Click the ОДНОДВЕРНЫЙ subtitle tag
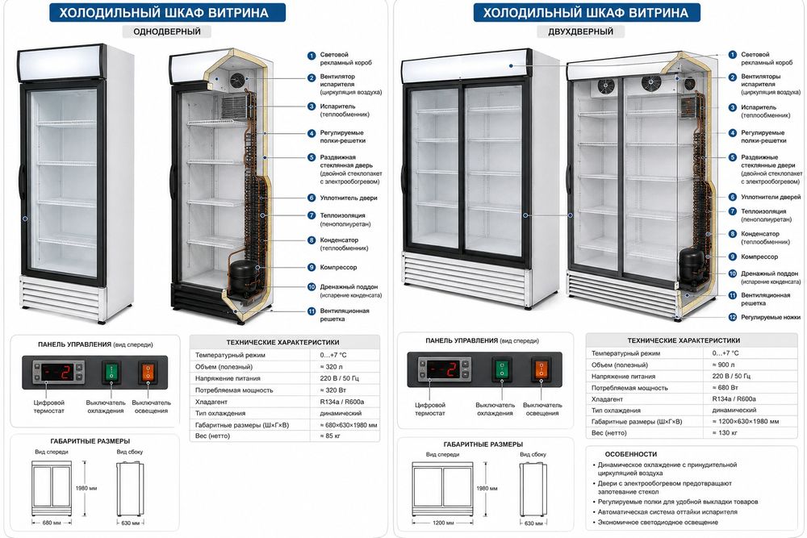point(167,31)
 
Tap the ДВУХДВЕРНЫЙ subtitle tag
point(580,31)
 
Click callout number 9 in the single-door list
point(312,268)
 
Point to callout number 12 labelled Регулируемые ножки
point(733,317)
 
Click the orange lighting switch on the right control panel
point(541,369)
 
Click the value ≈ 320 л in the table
point(332,367)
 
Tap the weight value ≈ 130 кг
point(725,432)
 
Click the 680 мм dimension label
point(52,523)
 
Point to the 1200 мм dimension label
point(442,523)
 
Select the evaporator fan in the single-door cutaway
point(237,80)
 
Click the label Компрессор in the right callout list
point(759,256)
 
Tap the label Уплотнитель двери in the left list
point(349,198)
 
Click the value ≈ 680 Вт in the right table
point(725,387)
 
